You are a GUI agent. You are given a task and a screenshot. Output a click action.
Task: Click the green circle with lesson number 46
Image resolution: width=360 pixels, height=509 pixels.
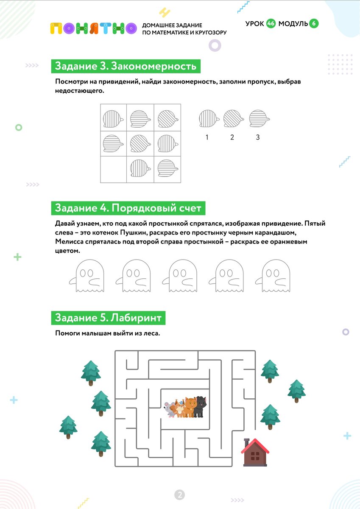coord(271,24)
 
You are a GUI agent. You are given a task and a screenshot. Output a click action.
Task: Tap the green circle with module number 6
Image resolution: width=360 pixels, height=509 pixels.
coord(314,24)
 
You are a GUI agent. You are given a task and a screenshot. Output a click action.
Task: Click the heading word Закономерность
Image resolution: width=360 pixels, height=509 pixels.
coord(153,66)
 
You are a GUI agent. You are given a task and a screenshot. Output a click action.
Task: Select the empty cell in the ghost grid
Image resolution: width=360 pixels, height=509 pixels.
coord(113,169)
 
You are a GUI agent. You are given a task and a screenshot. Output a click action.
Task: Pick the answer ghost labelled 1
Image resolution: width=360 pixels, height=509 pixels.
coord(209,118)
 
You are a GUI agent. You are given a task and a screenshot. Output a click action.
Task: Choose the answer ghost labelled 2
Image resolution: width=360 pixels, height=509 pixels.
coord(234,118)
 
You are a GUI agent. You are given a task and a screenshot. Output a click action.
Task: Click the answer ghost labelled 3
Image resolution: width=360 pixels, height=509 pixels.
coord(259,118)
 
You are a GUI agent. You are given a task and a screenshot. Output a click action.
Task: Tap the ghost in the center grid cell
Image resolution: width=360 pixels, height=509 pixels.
coord(140,144)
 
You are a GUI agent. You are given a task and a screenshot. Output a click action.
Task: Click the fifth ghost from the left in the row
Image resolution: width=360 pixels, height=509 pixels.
coord(273,276)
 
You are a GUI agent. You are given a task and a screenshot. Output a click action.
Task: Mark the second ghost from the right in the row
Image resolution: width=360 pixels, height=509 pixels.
coord(226,276)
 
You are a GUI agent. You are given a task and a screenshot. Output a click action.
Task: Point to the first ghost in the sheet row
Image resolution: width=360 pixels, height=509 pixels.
coord(87,276)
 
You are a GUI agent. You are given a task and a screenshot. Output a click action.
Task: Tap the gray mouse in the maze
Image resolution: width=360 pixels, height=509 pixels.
coord(169,410)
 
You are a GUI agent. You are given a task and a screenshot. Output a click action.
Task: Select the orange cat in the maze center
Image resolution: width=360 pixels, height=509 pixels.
coord(190,407)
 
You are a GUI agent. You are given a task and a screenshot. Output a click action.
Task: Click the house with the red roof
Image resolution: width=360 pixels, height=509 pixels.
coord(255,452)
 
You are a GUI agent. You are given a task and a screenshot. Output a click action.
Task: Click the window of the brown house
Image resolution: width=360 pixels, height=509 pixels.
coord(255,456)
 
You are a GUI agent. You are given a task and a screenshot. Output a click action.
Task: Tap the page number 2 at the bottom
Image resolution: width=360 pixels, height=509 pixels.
coord(180,495)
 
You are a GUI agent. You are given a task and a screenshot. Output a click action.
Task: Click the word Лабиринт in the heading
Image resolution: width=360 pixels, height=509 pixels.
coord(136,318)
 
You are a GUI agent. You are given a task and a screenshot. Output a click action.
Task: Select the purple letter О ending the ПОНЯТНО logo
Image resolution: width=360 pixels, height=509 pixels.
coord(131,28)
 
